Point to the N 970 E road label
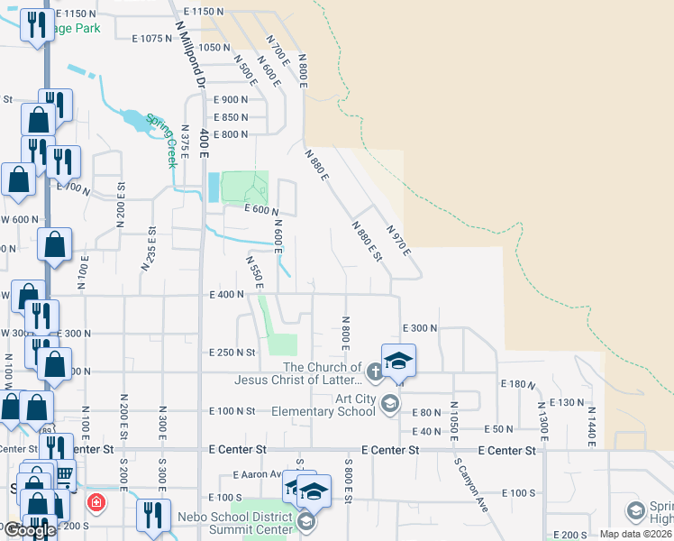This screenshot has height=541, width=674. [x=397, y=239]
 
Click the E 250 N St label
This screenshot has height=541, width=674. [x=232, y=353]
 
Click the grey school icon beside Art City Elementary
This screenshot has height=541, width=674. [x=390, y=403]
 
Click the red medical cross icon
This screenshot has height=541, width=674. [x=94, y=501]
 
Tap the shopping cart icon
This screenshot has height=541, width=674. [x=64, y=473]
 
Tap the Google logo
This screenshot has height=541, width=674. [x=29, y=531]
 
